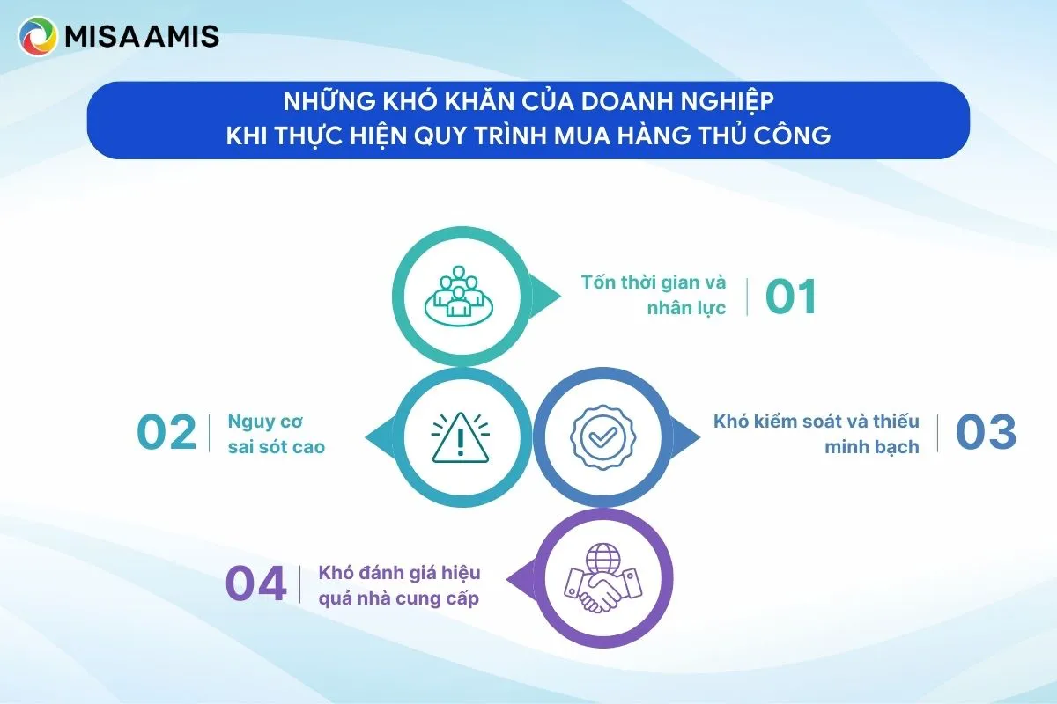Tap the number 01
click(791, 297)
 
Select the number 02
click(166, 433)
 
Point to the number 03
click(986, 433)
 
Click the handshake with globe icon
click(603, 579)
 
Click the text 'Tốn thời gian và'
click(653, 283)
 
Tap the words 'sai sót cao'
click(276, 447)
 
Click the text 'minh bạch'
click(871, 447)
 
